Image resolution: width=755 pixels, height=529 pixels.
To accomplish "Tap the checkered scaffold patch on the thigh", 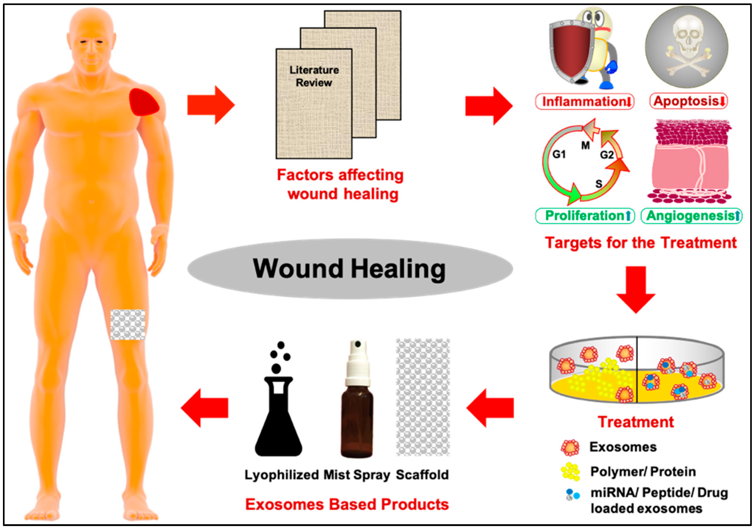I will pyautogui.click(x=128, y=325).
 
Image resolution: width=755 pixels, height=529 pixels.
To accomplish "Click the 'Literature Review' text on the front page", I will pyautogui.click(x=314, y=76).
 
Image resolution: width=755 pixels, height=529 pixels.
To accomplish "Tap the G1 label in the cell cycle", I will pyautogui.click(x=559, y=154).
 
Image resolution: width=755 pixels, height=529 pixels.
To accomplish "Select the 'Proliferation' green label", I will pyautogui.click(x=585, y=216).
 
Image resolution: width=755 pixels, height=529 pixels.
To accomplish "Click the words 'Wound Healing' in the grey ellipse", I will pyautogui.click(x=349, y=269).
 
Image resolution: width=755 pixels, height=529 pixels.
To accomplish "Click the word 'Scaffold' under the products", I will pyautogui.click(x=422, y=475).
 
